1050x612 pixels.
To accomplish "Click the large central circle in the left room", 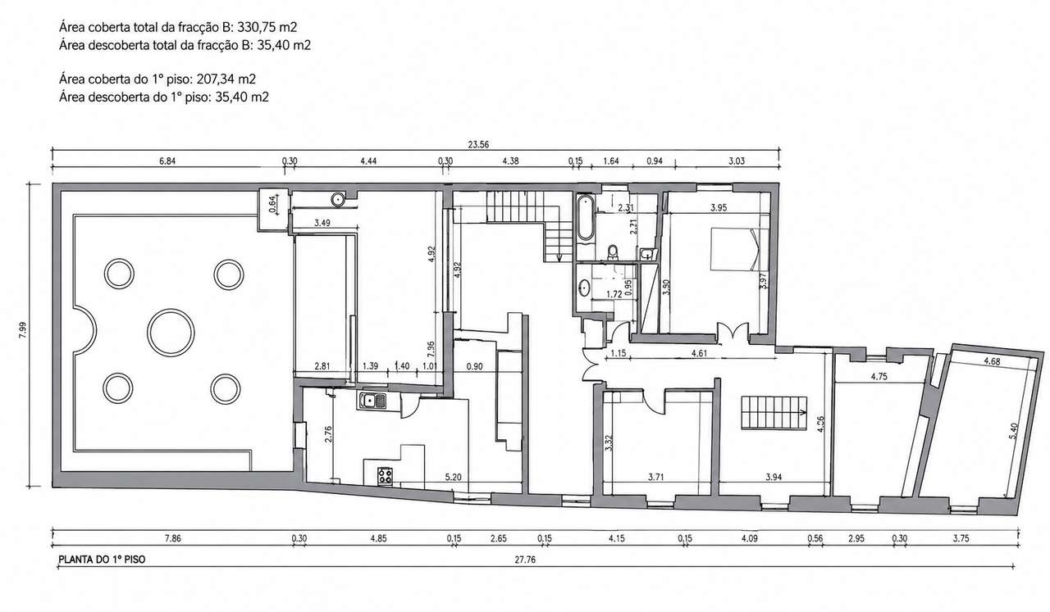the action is (148, 332).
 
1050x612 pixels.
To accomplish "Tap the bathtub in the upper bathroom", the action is (586, 218).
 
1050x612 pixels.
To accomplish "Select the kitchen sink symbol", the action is (372, 401).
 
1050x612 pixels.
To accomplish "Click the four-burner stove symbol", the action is (386, 476).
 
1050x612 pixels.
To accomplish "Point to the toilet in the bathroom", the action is (613, 252).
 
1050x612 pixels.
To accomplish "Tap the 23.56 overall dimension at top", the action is (478, 145).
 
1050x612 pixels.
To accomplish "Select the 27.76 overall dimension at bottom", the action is (525, 560).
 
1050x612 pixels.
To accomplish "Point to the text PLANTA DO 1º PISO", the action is (102, 560).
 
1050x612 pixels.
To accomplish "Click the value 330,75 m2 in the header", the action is (267, 27).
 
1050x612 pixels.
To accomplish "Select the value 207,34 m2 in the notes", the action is (226, 79).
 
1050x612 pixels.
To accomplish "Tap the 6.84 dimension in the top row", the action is (167, 161).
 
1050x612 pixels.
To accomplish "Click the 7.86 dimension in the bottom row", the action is (172, 538).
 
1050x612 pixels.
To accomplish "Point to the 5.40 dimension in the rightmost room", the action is (1013, 431).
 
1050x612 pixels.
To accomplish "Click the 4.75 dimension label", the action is (879, 377).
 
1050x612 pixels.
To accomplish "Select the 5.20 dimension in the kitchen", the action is (454, 478).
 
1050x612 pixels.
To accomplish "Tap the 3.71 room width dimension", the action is (655, 478).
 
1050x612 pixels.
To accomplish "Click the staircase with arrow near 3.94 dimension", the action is (774, 413).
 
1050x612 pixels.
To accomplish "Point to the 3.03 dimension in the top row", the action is (737, 161).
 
